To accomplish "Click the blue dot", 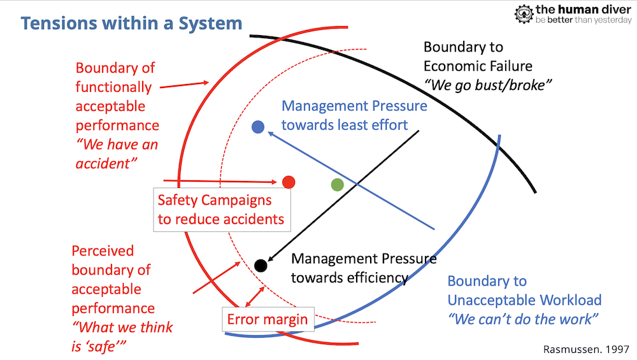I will click(x=258, y=127).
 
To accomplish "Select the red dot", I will click(x=289, y=182).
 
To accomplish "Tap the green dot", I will click(x=338, y=185).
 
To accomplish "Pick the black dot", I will click(x=260, y=265).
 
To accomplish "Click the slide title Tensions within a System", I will click(x=131, y=24).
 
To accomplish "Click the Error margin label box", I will click(x=268, y=319).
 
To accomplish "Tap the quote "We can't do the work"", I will click(x=524, y=319).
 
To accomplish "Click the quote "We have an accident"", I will click(x=117, y=154).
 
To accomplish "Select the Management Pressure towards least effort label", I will click(x=354, y=115).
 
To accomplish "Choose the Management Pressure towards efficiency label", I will click(x=364, y=268).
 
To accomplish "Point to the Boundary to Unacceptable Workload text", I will click(x=524, y=291).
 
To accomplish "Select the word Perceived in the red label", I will click(x=103, y=250).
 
